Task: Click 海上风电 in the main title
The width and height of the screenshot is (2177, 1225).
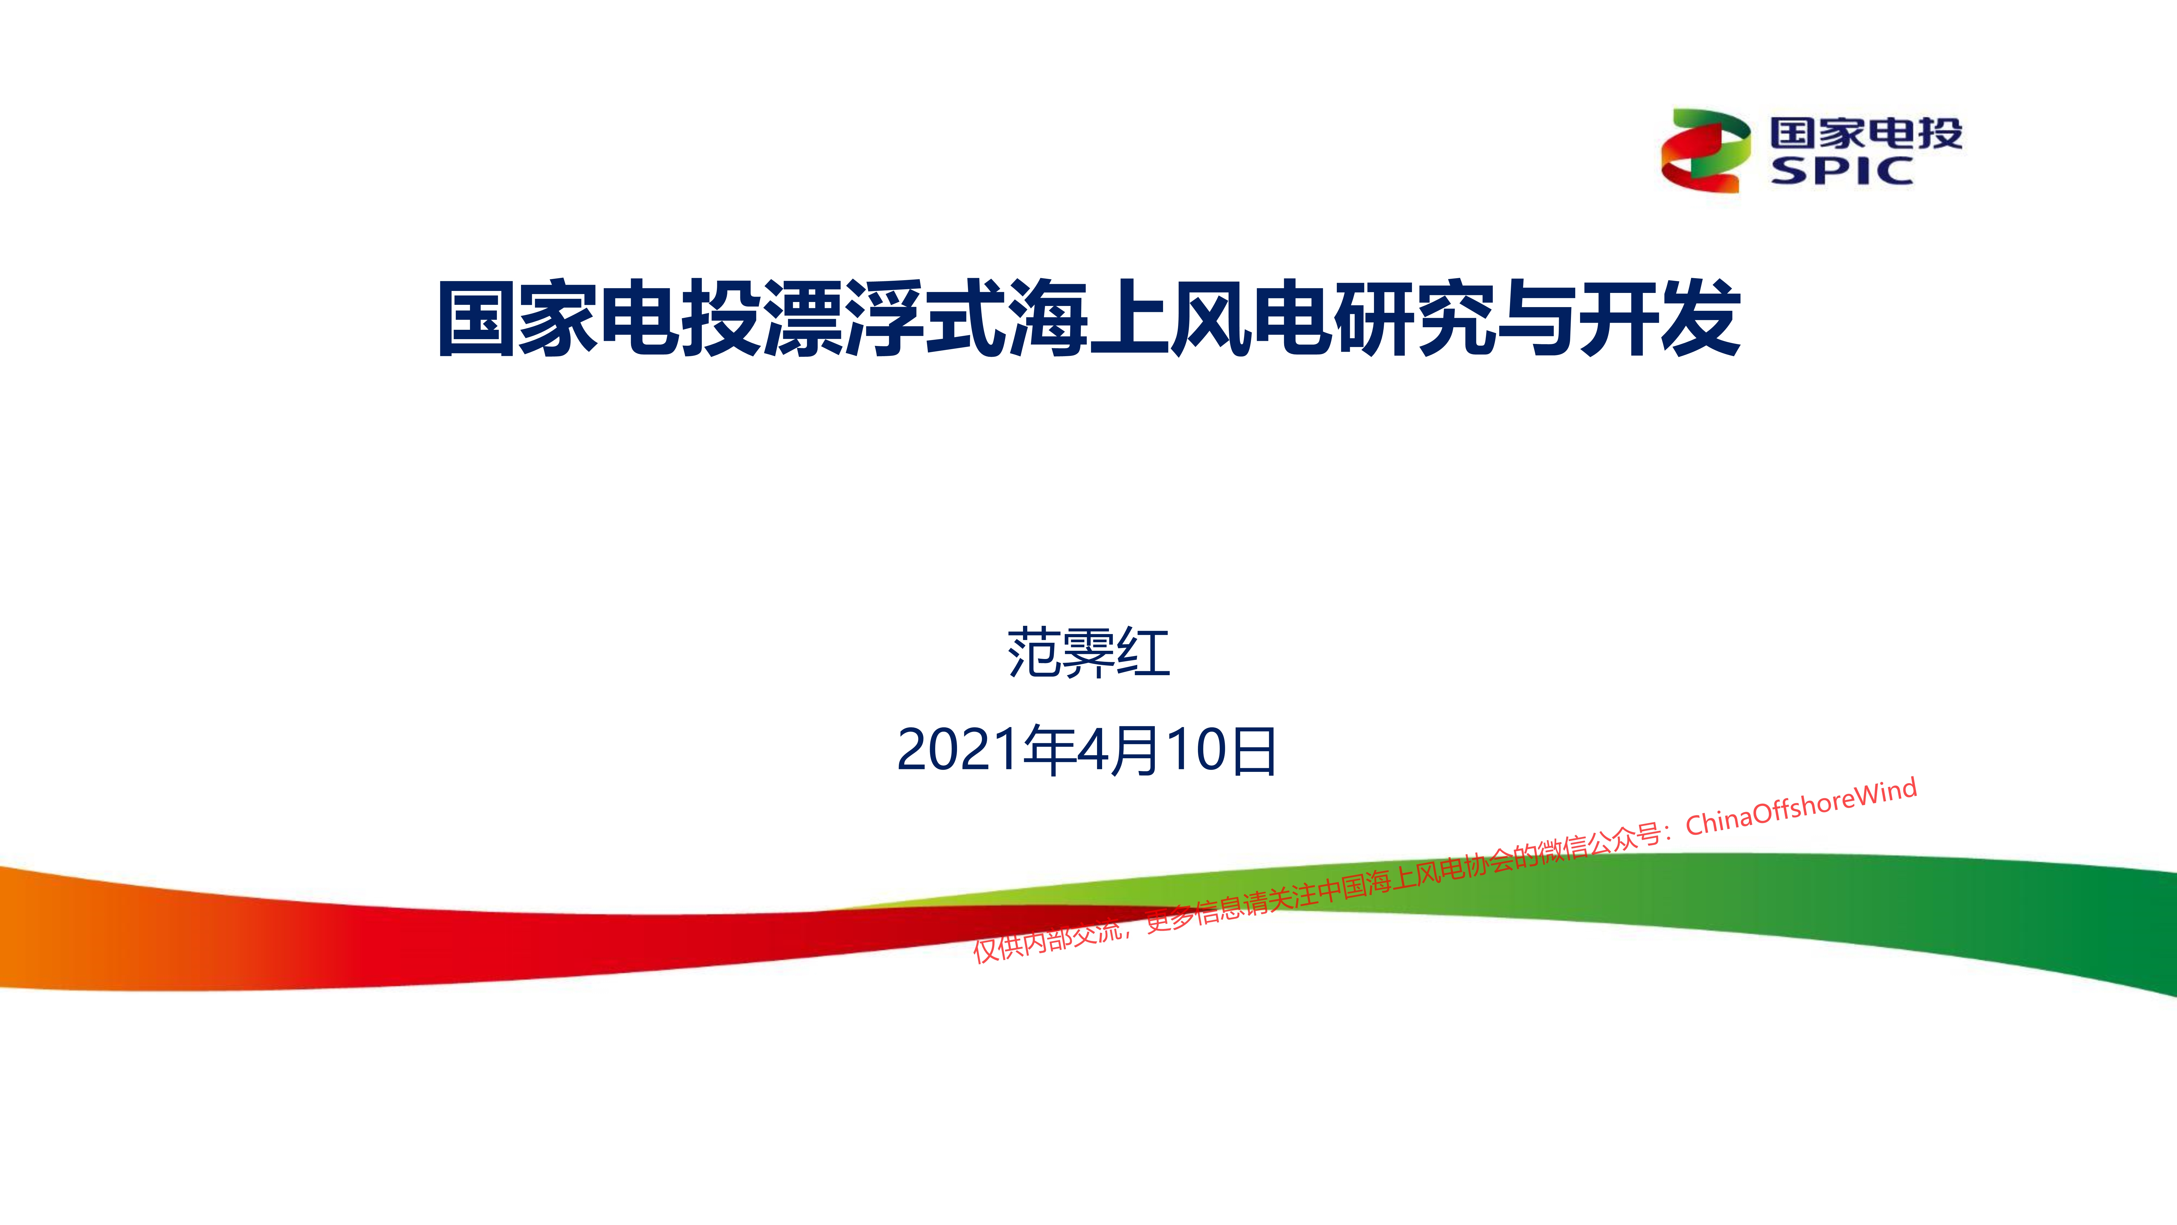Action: click(1170, 319)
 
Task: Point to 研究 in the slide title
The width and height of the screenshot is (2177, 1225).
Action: click(1415, 319)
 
